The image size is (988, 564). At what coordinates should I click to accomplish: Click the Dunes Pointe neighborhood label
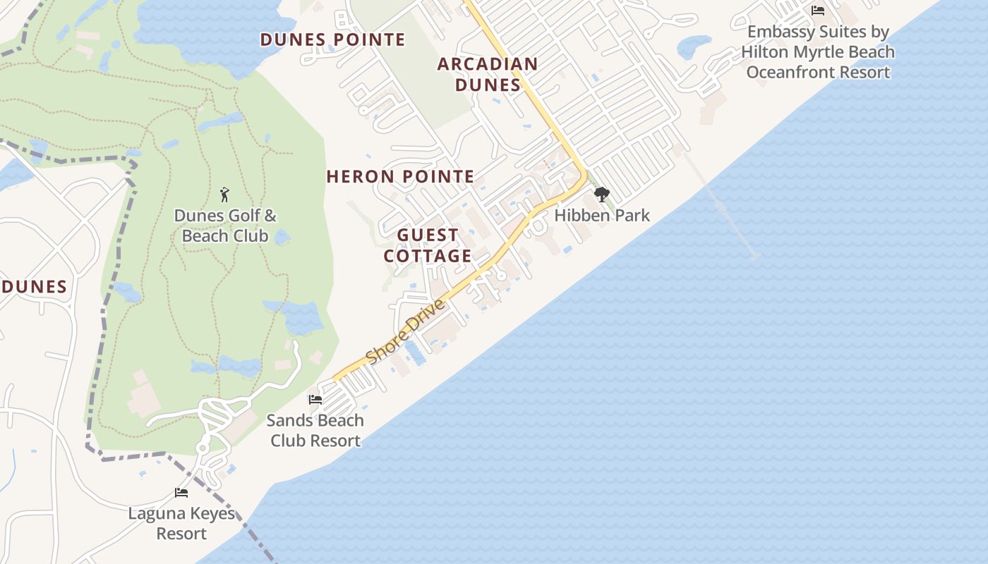pos(333,39)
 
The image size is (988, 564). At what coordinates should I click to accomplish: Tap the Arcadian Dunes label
pos(488,74)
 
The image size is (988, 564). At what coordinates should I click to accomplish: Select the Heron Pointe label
pos(400,177)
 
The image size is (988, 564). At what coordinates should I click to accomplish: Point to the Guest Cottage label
pos(428,245)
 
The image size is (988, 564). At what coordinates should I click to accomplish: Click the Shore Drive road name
pos(406,331)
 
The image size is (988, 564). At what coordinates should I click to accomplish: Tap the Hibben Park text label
pos(602,215)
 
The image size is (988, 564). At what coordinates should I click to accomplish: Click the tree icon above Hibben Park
pos(601,194)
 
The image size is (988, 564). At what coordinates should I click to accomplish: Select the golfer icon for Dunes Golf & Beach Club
pos(225,194)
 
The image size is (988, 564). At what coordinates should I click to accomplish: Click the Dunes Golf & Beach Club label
pos(225,226)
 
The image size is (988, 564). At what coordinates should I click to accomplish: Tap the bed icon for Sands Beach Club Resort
pos(315,400)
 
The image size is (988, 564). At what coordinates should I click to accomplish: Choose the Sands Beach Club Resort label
pos(315,430)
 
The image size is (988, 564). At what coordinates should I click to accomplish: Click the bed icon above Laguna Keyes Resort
pos(181,493)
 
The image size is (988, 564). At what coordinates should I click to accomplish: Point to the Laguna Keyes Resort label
pos(181,523)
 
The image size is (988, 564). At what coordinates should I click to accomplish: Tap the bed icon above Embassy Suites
pos(818,11)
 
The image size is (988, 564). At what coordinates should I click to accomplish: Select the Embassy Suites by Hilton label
pos(818,52)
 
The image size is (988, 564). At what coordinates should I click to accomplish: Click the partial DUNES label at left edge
pos(34,287)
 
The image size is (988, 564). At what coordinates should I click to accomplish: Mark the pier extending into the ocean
pos(723,208)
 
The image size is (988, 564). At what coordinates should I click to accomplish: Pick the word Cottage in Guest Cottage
pos(428,255)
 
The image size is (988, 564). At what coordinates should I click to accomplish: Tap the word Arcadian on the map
pos(488,64)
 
